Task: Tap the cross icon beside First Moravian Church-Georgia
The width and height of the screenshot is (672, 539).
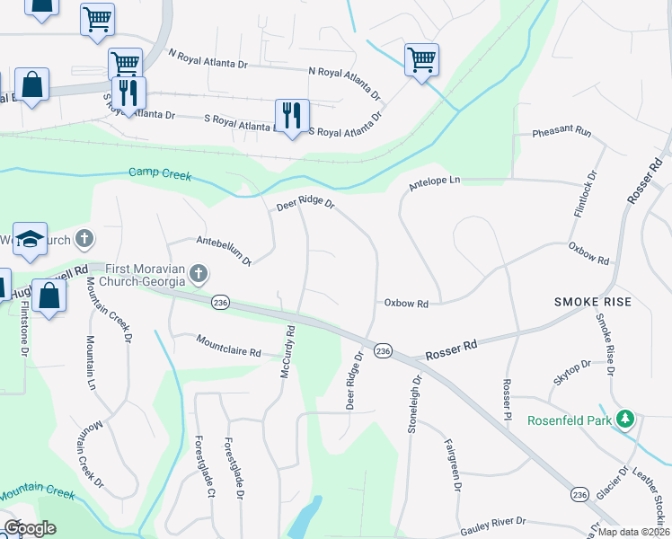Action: (199, 273)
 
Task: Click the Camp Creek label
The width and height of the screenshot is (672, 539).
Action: (160, 172)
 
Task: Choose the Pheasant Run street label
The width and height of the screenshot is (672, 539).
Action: (561, 132)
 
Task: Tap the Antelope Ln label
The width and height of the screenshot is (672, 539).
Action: (434, 181)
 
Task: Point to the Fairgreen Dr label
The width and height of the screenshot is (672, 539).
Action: (452, 464)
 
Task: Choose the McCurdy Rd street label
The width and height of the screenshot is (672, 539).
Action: (288, 351)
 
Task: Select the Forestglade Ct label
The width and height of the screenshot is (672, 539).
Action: (205, 466)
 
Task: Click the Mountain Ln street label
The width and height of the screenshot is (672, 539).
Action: (91, 362)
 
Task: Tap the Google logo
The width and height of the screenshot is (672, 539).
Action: (30, 528)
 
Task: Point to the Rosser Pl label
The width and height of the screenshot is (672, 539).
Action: (507, 402)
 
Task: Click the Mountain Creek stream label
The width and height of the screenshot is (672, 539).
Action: (36, 493)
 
